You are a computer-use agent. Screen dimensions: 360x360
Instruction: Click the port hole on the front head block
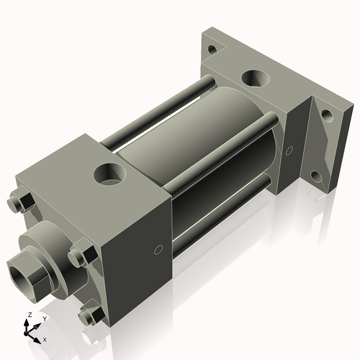(111, 173)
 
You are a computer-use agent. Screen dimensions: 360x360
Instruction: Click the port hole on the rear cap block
(253, 76)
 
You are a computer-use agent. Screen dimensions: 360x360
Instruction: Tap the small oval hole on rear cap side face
(289, 151)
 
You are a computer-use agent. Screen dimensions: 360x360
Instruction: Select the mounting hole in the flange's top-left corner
(212, 51)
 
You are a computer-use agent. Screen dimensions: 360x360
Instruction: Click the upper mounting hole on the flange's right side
(327, 115)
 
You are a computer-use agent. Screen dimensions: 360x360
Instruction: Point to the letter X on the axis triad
(45, 338)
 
